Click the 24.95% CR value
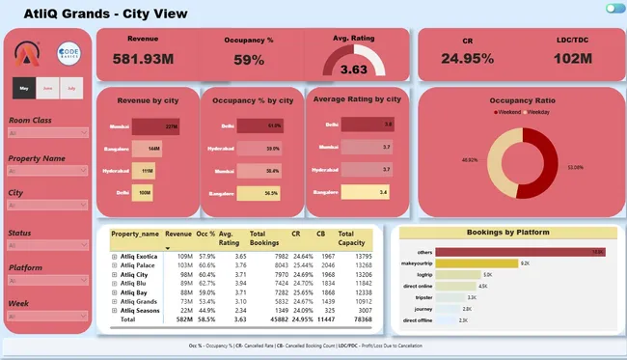coord(467,58)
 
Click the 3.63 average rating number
coord(353,69)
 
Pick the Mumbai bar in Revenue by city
coord(156,125)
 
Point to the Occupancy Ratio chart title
coord(518,99)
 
